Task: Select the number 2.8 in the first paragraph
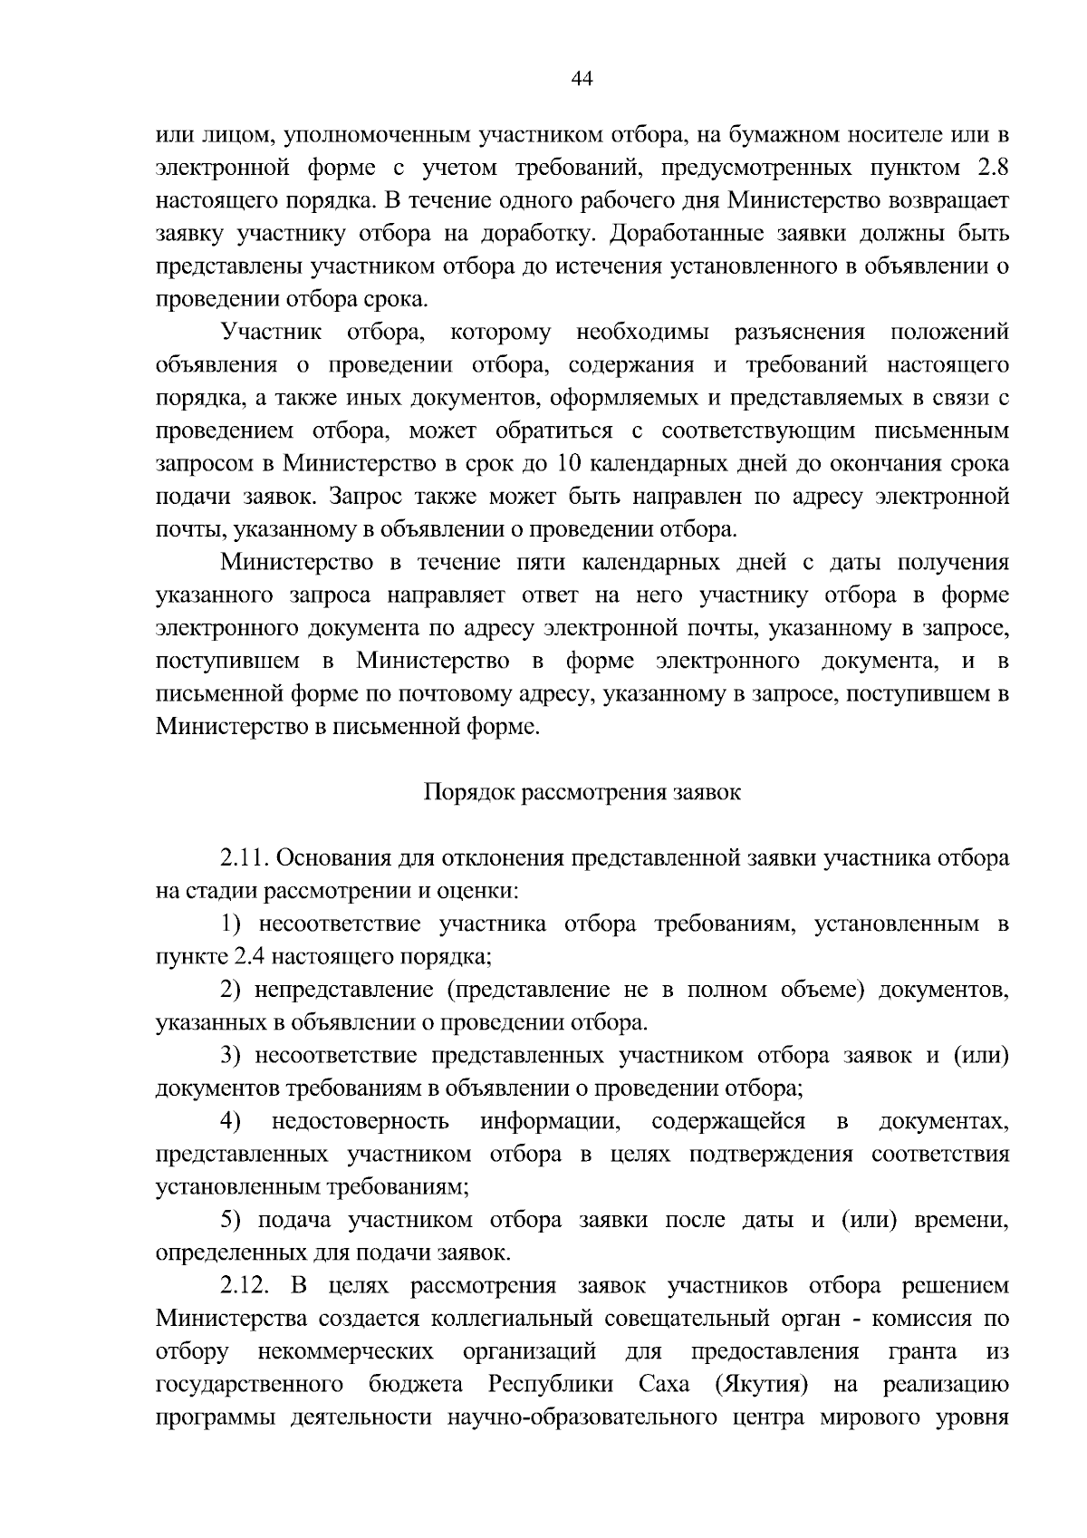pyautogui.click(x=991, y=168)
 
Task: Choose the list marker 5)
pyautogui.click(x=235, y=1221)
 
